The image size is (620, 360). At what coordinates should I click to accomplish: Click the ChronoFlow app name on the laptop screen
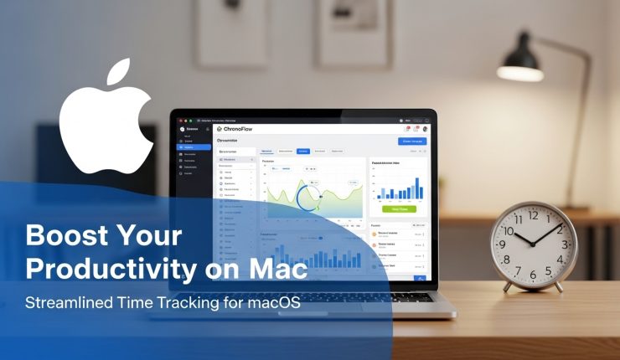[243, 129]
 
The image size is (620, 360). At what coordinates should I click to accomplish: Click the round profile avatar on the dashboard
[425, 128]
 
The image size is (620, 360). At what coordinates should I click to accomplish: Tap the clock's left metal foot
[506, 286]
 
